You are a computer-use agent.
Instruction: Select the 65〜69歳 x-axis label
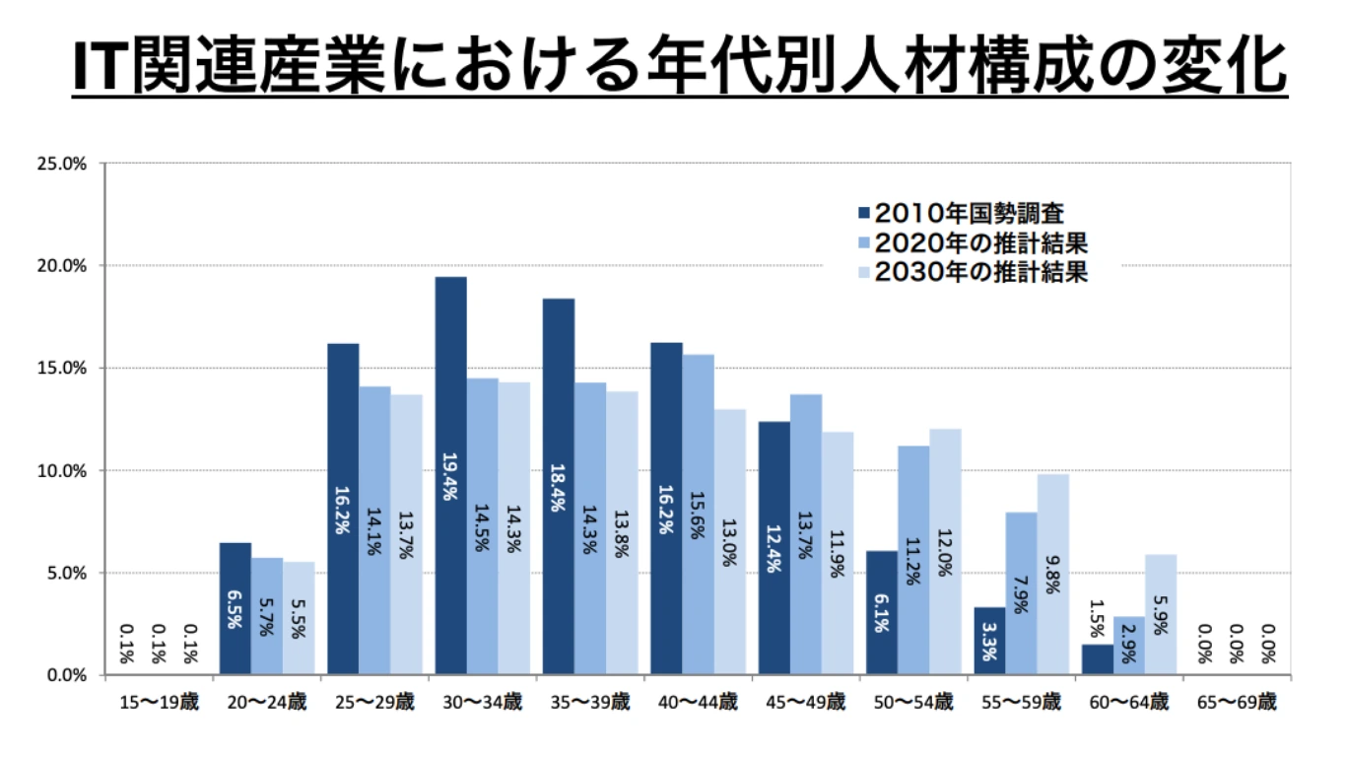pos(1237,703)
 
